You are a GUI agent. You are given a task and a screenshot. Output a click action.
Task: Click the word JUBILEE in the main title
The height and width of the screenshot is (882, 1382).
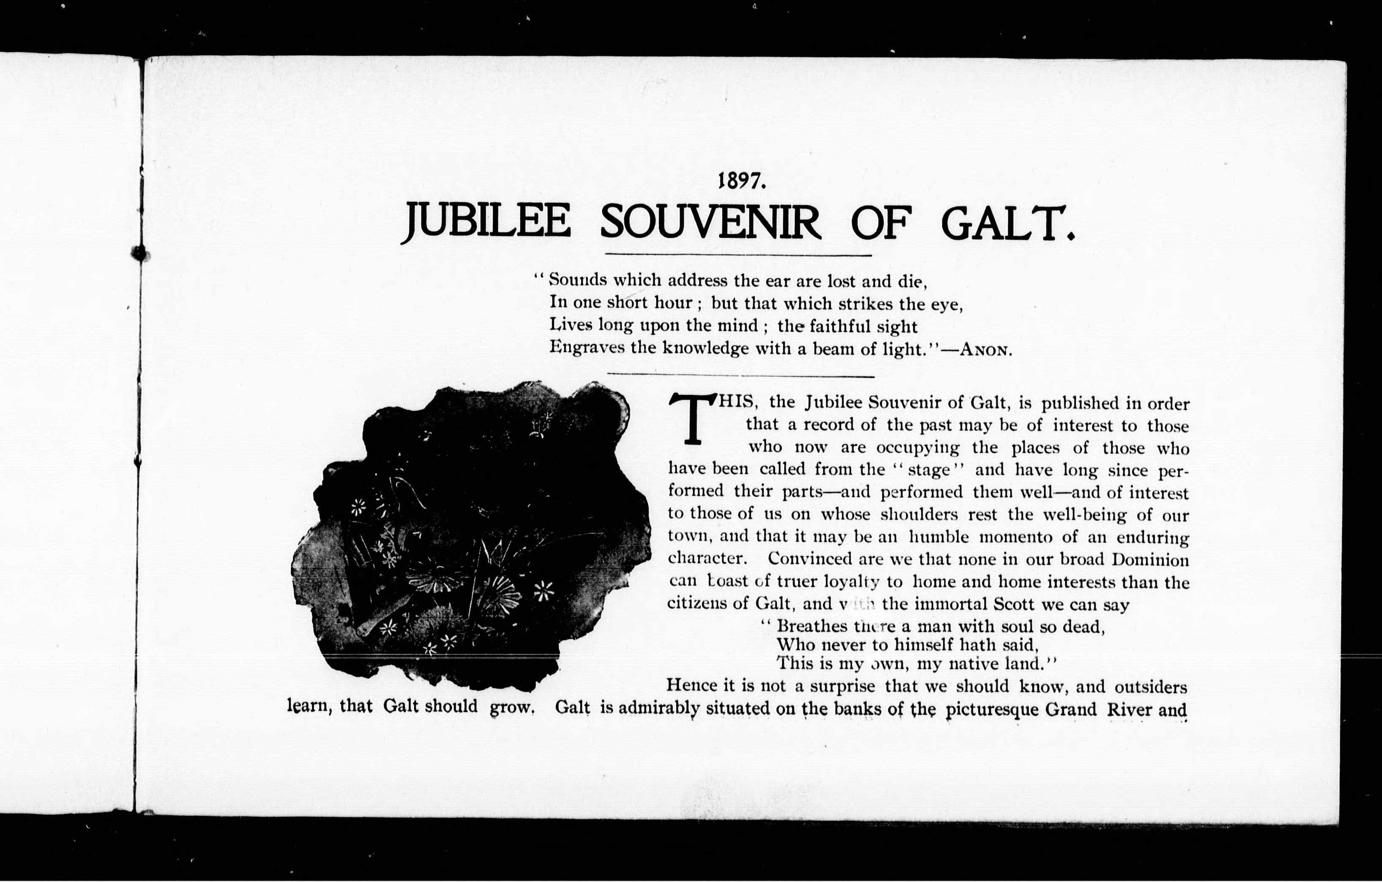click(x=486, y=223)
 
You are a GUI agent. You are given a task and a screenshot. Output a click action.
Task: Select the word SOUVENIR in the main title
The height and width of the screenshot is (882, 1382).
click(x=710, y=223)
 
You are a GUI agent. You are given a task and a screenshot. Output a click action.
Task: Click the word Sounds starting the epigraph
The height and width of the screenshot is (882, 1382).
click(x=577, y=280)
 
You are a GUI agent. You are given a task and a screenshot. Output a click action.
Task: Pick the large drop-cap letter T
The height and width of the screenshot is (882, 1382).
click(x=693, y=419)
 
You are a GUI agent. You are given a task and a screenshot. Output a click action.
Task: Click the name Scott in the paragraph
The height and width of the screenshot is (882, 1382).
click(x=1014, y=604)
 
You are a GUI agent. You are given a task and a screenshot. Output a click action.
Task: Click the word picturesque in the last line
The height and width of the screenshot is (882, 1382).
click(x=992, y=710)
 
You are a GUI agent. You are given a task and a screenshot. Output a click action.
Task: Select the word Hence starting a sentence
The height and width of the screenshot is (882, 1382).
click(x=691, y=686)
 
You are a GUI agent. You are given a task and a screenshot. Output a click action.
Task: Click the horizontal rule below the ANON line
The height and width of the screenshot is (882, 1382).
click(x=740, y=376)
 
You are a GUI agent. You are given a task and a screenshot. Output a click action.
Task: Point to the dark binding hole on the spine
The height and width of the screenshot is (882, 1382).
click(x=139, y=253)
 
